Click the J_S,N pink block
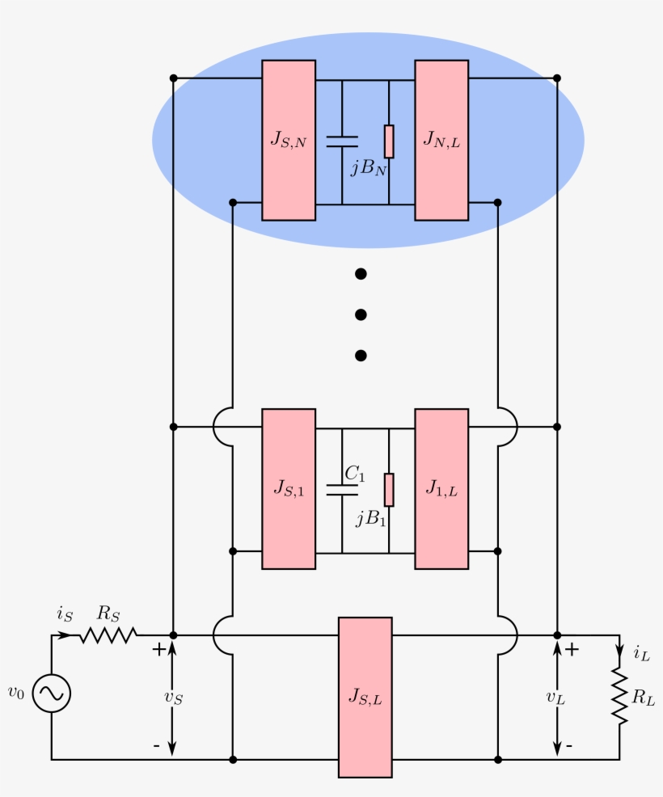pyautogui.click(x=289, y=141)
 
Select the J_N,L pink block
pyautogui.click(x=441, y=141)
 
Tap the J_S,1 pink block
pyautogui.click(x=289, y=488)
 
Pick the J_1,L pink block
pyautogui.click(x=441, y=488)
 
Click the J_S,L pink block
pyautogui.click(x=365, y=698)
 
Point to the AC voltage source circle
pyautogui.click(x=52, y=694)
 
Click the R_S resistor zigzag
pyautogui.click(x=108, y=635)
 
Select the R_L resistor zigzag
pyautogui.click(x=620, y=696)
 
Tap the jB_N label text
pyautogui.click(x=369, y=167)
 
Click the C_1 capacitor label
pyautogui.click(x=354, y=473)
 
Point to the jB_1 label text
pyautogui.click(x=370, y=518)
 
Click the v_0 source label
pyautogui.click(x=15, y=692)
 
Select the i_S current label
pyautogui.click(x=65, y=614)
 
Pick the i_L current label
pyautogui.click(x=642, y=652)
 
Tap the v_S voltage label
pyautogui.click(x=173, y=698)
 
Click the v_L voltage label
pyautogui.click(x=555, y=698)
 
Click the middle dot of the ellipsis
pyautogui.click(x=361, y=314)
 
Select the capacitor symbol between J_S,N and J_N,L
pyautogui.click(x=342, y=141)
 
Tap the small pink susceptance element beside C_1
pyautogui.click(x=389, y=490)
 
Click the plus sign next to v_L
pyautogui.click(x=572, y=649)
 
